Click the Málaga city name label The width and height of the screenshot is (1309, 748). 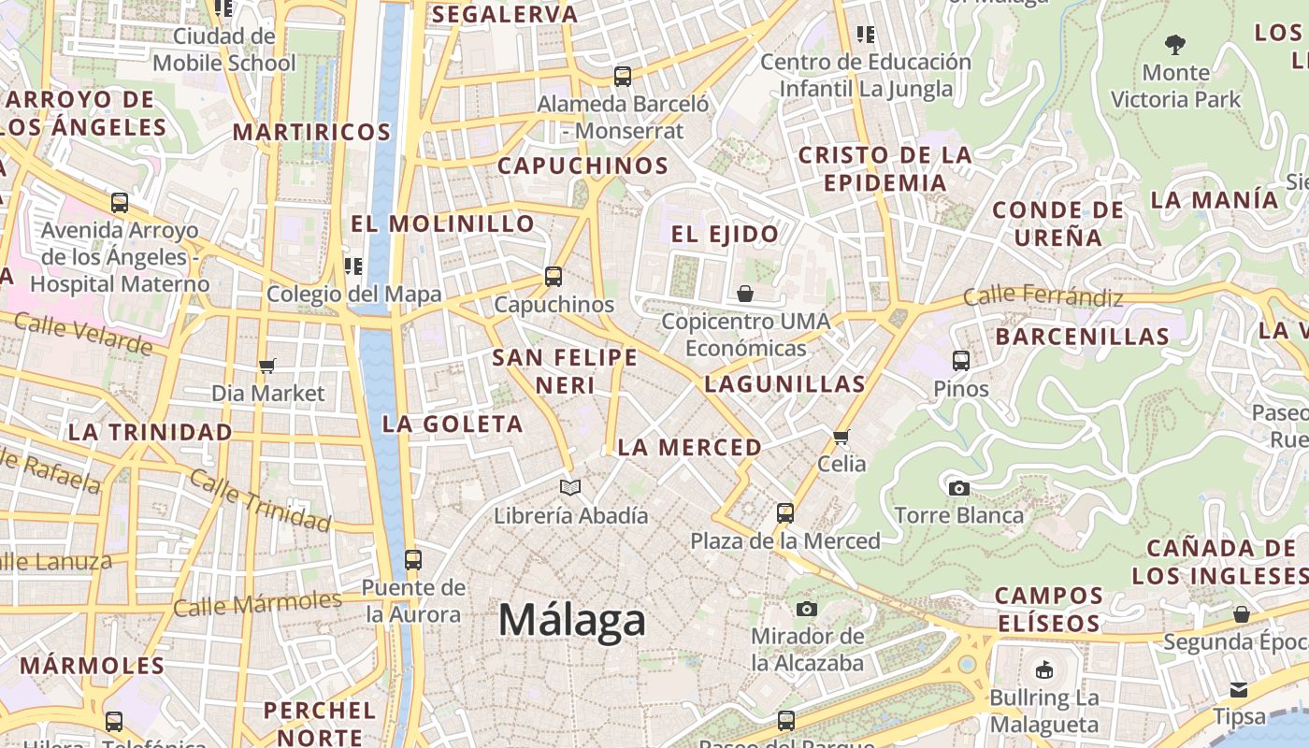pyautogui.click(x=572, y=620)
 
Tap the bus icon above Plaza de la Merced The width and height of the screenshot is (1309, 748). pyautogui.click(x=785, y=512)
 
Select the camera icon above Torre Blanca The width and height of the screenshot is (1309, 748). pyautogui.click(x=958, y=488)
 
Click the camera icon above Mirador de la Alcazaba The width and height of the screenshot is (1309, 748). pyautogui.click(x=807, y=610)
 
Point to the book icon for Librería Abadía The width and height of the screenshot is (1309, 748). pyautogui.click(x=570, y=487)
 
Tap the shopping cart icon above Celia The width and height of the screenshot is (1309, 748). pyautogui.click(x=841, y=437)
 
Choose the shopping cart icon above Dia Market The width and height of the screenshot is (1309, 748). pyautogui.click(x=267, y=366)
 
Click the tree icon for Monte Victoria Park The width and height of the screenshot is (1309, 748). pyautogui.click(x=1175, y=44)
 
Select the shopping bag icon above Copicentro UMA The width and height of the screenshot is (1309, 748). pyautogui.click(x=745, y=295)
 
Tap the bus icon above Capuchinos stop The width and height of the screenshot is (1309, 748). pyautogui.click(x=554, y=277)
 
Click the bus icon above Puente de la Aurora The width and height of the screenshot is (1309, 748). pyautogui.click(x=413, y=560)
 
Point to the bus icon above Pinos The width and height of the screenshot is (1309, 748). pyautogui.click(x=960, y=361)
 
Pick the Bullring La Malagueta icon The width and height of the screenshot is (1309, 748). pyautogui.click(x=1044, y=669)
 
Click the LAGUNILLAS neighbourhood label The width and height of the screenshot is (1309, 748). pyautogui.click(x=785, y=383)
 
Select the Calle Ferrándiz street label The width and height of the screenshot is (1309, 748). pyautogui.click(x=1043, y=296)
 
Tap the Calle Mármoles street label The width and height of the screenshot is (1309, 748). pyautogui.click(x=258, y=604)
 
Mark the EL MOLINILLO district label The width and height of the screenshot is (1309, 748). pyautogui.click(x=442, y=223)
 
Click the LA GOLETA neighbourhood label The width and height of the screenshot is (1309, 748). pyautogui.click(x=453, y=424)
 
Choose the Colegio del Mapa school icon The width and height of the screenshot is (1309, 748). pyautogui.click(x=353, y=266)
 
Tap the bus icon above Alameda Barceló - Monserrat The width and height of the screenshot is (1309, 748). pyautogui.click(x=623, y=77)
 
